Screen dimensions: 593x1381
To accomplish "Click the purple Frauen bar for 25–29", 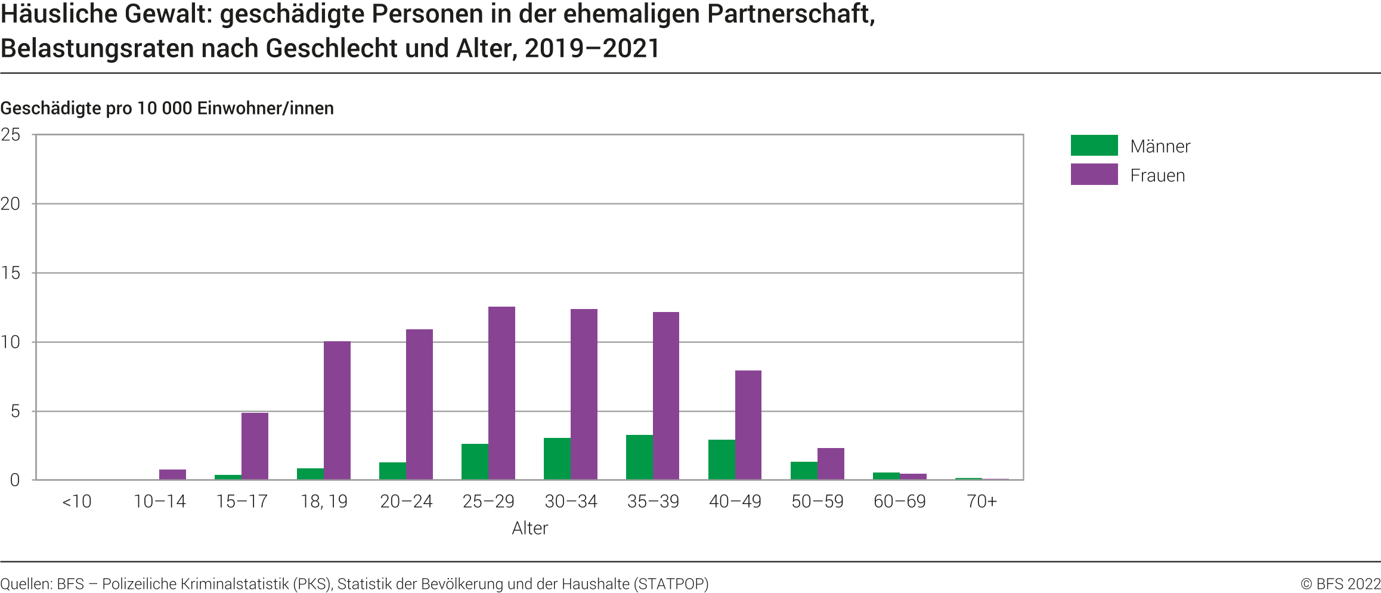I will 501,393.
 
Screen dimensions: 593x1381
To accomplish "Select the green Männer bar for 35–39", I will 639,458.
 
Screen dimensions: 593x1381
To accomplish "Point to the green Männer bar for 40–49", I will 722,460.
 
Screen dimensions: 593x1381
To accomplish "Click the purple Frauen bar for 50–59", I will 831,464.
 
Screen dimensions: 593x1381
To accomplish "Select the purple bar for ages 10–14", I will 172,475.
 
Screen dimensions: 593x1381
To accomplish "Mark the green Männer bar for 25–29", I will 475,462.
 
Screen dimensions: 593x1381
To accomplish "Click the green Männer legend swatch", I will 1094,146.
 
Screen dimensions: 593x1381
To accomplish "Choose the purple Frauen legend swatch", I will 1094,175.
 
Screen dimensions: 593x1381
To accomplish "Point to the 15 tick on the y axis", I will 11,273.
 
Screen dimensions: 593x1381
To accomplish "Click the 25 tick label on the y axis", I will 11,135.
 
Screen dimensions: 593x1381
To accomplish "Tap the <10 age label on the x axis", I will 77,502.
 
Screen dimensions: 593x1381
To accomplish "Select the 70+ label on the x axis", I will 981,502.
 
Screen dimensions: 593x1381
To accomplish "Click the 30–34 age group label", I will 571,502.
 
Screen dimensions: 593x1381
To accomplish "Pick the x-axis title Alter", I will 530,529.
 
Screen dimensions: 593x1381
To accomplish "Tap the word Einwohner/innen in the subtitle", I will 265,109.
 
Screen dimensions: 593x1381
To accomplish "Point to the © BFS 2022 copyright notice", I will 1340,584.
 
